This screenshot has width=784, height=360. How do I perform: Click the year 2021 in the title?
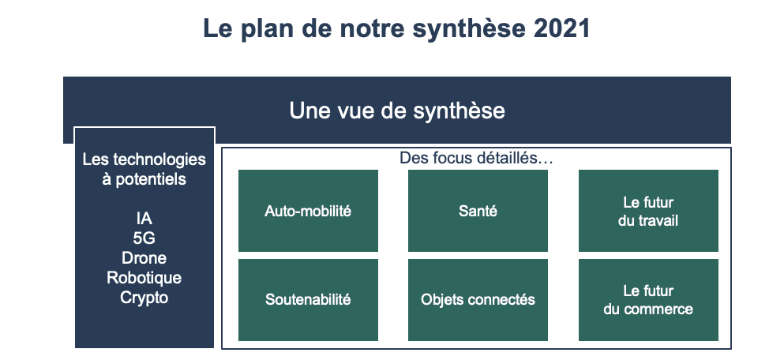(562, 28)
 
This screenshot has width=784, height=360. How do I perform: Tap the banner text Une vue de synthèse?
(397, 111)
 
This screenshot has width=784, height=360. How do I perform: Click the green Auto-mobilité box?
(308, 211)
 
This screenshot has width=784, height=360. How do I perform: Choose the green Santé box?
(478, 211)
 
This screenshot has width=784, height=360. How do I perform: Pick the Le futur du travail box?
(648, 211)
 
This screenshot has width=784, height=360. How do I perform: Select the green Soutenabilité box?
(308, 299)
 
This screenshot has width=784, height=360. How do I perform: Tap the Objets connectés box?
(478, 299)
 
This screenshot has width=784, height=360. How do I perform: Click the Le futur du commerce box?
(648, 299)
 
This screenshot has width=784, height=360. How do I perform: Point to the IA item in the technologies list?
(144, 219)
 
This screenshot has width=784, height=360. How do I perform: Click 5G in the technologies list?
(144, 238)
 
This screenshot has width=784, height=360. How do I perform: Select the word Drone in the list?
(144, 258)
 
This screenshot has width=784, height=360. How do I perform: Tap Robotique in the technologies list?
(144, 278)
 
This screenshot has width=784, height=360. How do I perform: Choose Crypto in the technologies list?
(144, 298)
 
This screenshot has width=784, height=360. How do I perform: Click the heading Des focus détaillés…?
(476, 158)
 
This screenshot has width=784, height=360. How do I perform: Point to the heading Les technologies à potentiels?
(144, 169)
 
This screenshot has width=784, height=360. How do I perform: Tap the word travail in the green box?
(658, 220)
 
